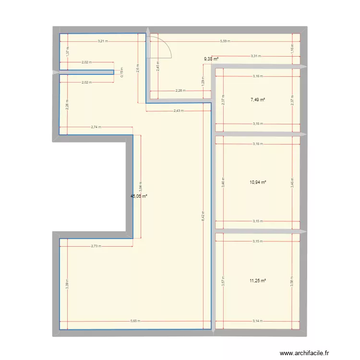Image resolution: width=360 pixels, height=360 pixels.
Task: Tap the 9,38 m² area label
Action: point(211,59)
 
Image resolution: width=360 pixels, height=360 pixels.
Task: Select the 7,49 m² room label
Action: point(258,100)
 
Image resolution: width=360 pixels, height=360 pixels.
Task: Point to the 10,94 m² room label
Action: point(258,182)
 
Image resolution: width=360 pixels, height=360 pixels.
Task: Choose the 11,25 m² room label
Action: point(258,281)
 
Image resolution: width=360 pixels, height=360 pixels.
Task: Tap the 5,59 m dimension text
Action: point(225,41)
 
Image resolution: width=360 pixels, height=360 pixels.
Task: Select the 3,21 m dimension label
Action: point(102,41)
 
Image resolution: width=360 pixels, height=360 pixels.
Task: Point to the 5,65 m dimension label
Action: point(135,322)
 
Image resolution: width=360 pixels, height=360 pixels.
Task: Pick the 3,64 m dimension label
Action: point(141,186)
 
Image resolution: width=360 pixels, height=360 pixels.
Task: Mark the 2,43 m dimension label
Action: point(179,111)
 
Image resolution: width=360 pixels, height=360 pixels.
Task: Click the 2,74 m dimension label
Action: point(96,127)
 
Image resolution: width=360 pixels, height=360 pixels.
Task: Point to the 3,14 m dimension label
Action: point(257,322)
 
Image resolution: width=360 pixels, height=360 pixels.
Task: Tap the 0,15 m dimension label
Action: point(121,72)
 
